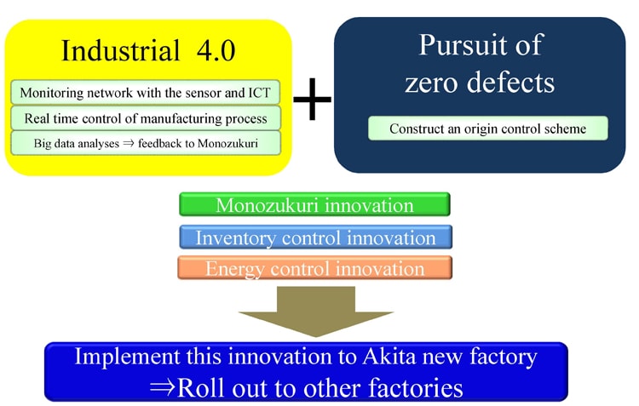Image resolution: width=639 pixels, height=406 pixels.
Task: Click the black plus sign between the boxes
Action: coord(312,99)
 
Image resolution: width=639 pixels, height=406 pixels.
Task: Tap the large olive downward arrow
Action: coord(316,312)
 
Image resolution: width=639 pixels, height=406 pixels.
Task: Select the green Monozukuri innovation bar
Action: coord(314,204)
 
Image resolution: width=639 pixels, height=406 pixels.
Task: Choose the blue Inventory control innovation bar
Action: coord(315,237)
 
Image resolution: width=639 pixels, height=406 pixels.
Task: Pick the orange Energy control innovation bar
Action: coord(314,268)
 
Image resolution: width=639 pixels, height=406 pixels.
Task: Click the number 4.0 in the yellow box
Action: coord(216,51)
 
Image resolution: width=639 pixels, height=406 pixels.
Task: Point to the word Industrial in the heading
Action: coord(120,50)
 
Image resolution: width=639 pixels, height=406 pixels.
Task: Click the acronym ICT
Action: coord(260,93)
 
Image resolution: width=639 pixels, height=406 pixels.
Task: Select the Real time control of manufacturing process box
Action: coord(146,118)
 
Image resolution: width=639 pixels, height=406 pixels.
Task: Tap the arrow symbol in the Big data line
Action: coord(129,143)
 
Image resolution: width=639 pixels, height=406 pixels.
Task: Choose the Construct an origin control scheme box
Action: coord(488,129)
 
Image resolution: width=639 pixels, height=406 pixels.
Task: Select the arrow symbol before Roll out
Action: coord(163,387)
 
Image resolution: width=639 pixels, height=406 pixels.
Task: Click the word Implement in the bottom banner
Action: coord(127,357)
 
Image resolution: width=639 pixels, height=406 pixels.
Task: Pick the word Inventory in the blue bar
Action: coord(235,238)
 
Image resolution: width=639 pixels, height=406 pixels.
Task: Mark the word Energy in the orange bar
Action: coord(233,269)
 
